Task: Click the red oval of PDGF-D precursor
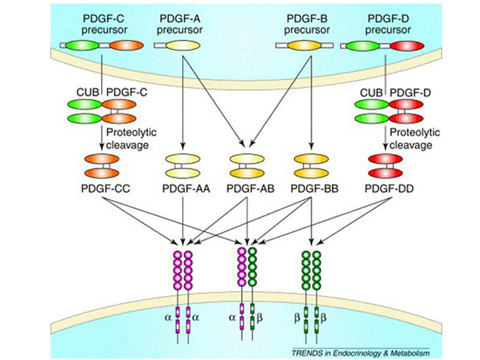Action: point(401,45)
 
